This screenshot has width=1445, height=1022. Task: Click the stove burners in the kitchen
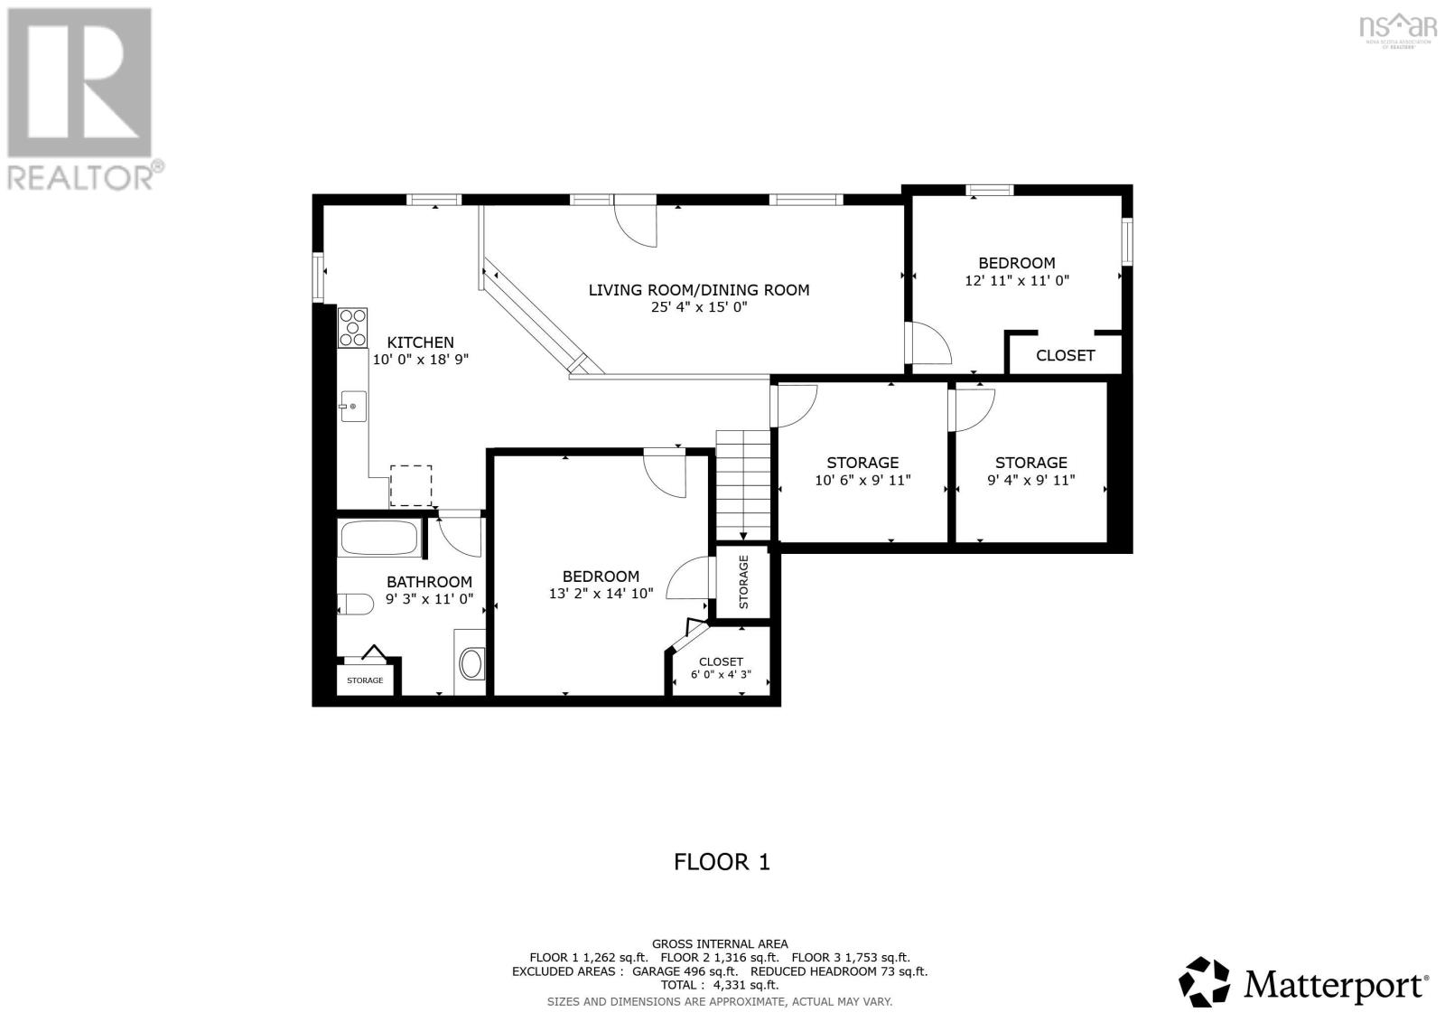[353, 328]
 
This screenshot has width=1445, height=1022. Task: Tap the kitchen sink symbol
[352, 407]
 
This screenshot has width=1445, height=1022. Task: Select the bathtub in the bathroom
[380, 539]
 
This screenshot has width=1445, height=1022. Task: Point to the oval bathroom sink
[471, 664]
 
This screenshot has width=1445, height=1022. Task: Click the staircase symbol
[743, 484]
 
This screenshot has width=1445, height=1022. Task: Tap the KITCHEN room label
[420, 342]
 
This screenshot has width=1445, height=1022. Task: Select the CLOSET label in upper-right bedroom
[1065, 355]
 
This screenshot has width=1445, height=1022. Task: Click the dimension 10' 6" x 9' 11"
[862, 481]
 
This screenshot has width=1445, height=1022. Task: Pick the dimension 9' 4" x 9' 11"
[1030, 480]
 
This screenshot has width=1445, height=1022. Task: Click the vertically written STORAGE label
[744, 582]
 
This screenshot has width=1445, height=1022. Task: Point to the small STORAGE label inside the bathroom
[365, 680]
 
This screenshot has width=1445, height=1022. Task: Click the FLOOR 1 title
[722, 861]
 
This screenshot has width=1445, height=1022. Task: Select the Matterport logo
[1303, 982]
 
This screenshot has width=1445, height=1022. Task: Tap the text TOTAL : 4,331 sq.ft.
[720, 985]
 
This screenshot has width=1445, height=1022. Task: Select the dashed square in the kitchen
[411, 485]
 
